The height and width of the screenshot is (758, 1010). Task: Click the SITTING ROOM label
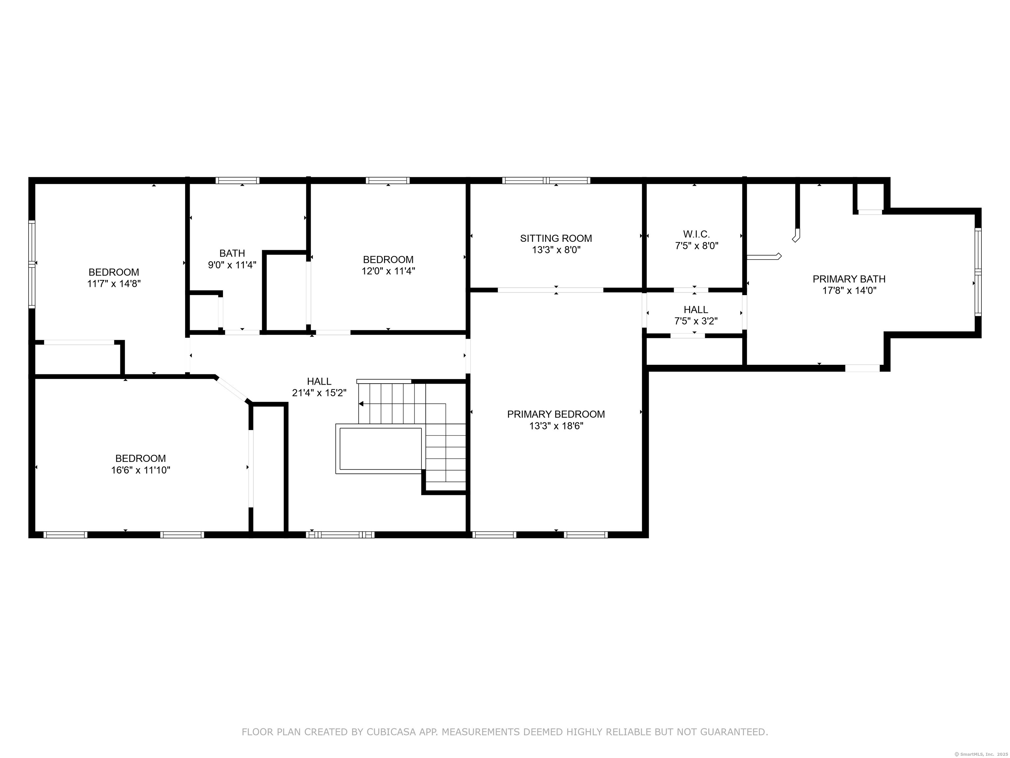pyautogui.click(x=556, y=238)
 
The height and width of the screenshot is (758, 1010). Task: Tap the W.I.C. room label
pyautogui.click(x=697, y=234)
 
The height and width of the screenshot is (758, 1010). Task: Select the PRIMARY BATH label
pyautogui.click(x=849, y=279)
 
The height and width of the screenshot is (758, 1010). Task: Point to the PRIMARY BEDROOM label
pyautogui.click(x=556, y=414)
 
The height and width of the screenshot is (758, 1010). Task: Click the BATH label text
pyautogui.click(x=232, y=253)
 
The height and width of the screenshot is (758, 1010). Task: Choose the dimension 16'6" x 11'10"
pyautogui.click(x=141, y=470)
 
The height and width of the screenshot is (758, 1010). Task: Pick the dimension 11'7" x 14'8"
pyautogui.click(x=114, y=283)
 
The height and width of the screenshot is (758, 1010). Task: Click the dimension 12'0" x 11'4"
pyautogui.click(x=388, y=271)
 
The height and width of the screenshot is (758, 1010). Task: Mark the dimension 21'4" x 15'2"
pyautogui.click(x=319, y=392)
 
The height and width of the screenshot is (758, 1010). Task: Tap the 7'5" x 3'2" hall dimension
pyautogui.click(x=696, y=321)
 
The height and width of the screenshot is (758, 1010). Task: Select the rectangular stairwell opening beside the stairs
pyautogui.click(x=380, y=449)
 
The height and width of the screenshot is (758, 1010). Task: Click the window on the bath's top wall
pyautogui.click(x=237, y=181)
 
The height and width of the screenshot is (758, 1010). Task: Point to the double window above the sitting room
pyautogui.click(x=546, y=181)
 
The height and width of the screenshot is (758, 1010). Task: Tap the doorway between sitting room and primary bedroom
pyautogui.click(x=550, y=290)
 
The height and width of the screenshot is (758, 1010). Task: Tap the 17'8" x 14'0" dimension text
pyautogui.click(x=849, y=291)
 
